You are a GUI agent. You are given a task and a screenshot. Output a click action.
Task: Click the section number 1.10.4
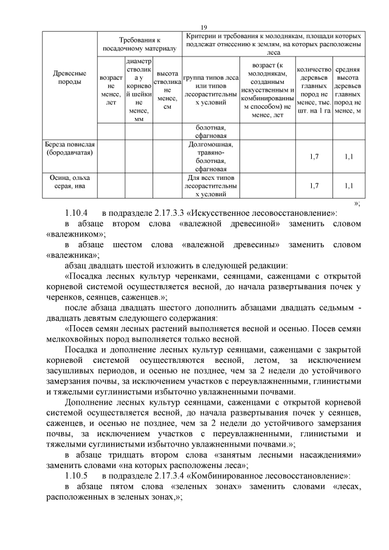point(77,213)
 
